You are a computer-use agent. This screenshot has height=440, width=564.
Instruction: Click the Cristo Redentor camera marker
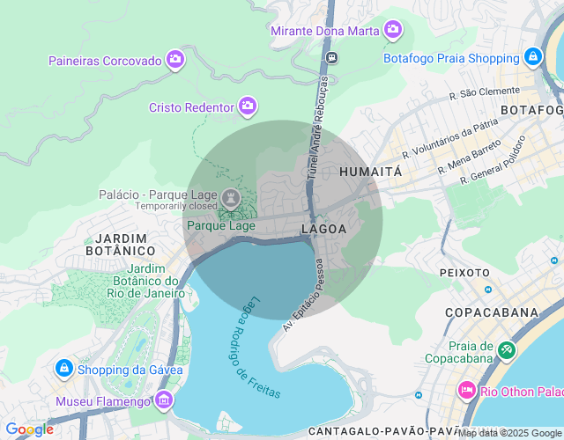tap(248, 106)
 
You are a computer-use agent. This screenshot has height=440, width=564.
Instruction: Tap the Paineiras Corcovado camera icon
tap(175, 60)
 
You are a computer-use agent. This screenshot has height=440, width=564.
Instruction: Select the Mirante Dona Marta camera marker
tap(393, 31)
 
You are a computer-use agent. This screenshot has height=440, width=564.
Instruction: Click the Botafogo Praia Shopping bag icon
tap(532, 58)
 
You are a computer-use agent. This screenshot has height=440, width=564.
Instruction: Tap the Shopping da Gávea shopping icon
tap(63, 368)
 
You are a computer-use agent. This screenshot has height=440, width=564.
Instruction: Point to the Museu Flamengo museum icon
tap(163, 401)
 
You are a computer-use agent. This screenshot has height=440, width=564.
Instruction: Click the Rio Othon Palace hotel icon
tap(466, 390)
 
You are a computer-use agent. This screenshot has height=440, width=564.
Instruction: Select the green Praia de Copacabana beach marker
tap(506, 349)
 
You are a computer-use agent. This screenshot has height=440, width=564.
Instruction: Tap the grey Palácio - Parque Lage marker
tap(230, 194)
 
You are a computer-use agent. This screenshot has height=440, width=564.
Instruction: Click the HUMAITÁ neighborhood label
tap(370, 172)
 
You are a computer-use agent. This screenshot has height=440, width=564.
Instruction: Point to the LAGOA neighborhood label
tap(323, 229)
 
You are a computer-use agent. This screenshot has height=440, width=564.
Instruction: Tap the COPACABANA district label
tap(492, 312)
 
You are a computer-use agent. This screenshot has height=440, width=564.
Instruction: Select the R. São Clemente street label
tap(484, 91)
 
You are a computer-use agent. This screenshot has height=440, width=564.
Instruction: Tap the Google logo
tap(29, 429)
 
